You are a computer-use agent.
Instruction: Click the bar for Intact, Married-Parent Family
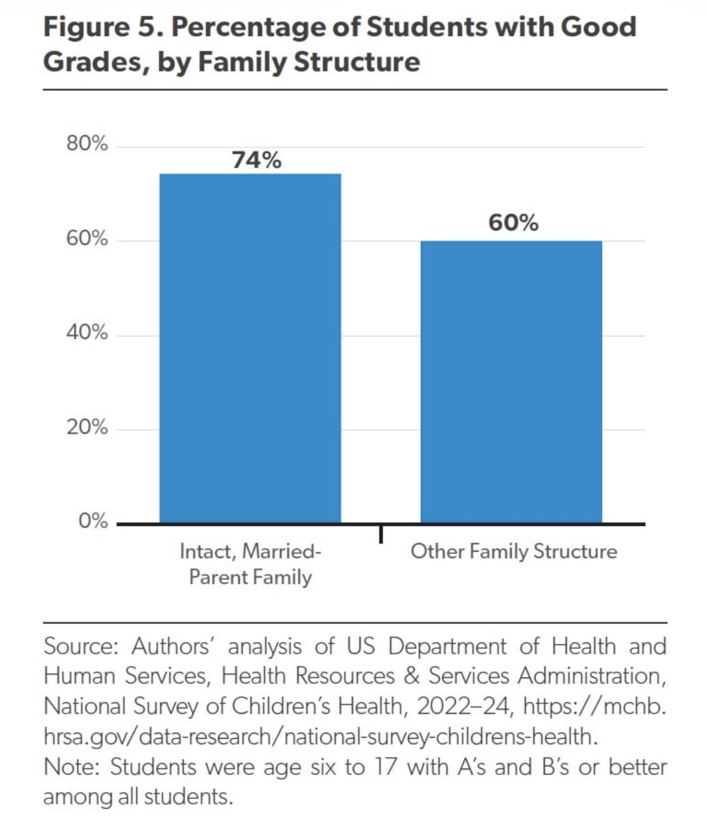[250, 348]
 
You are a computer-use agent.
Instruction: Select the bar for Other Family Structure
[511, 382]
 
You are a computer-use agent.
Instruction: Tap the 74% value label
[256, 160]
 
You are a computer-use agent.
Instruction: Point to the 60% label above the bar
[513, 223]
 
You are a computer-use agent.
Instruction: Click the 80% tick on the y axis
[87, 143]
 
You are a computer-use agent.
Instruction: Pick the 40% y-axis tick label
[87, 332]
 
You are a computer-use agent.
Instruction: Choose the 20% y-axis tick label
[87, 427]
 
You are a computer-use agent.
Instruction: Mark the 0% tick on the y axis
[93, 520]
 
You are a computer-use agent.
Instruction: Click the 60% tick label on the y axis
[87, 238]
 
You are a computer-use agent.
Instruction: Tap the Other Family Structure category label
[513, 551]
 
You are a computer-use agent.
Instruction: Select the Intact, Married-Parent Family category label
[250, 564]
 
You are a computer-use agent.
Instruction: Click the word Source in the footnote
[81, 647]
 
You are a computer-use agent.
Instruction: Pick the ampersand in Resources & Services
[411, 676]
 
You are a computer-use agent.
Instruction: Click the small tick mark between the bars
[381, 533]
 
